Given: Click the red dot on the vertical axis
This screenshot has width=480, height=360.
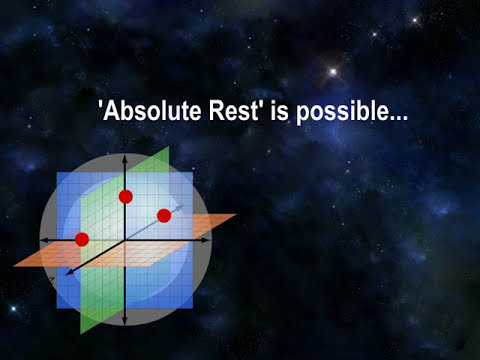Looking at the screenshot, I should click(x=126, y=196).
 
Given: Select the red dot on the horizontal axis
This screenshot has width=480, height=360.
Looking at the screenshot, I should click(x=82, y=239).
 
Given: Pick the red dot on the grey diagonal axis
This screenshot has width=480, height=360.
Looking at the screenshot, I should click(x=164, y=215).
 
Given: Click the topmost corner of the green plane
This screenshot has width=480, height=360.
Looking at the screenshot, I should click(x=169, y=148).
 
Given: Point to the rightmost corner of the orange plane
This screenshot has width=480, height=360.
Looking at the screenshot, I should click(x=235, y=215).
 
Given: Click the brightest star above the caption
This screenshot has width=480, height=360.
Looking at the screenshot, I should click(x=332, y=71).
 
